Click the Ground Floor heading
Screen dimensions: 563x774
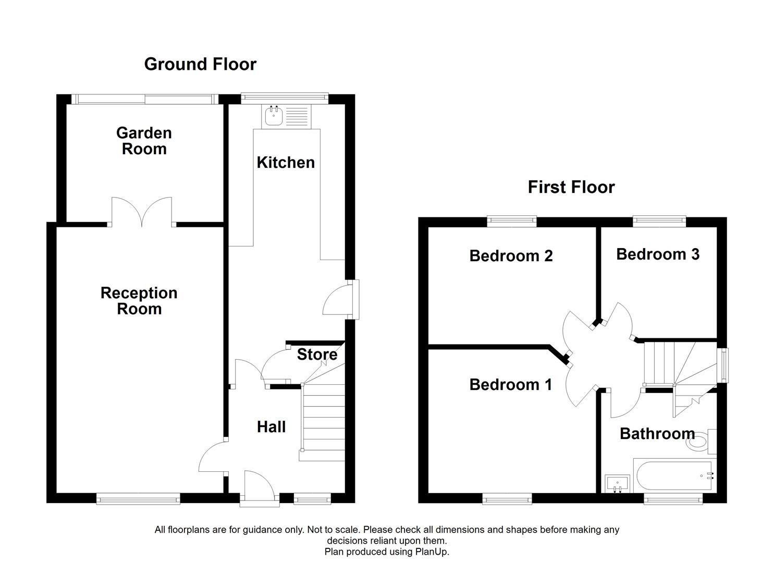pyautogui.click(x=200, y=64)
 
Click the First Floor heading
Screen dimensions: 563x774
pyautogui.click(x=571, y=187)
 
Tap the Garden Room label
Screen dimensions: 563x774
pyautogui.click(x=144, y=141)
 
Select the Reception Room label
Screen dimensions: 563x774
pyautogui.click(x=139, y=301)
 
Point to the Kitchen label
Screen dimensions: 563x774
pyautogui.click(x=286, y=163)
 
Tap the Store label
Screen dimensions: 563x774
pyautogui.click(x=317, y=354)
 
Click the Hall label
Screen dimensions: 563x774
pyautogui.click(x=271, y=427)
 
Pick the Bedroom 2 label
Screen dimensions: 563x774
pyautogui.click(x=511, y=256)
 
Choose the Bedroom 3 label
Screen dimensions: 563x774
pyautogui.click(x=657, y=254)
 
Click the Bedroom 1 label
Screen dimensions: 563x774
pyautogui.click(x=510, y=385)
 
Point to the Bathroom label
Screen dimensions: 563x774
pyautogui.click(x=657, y=434)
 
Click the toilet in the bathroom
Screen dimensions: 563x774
pyautogui.click(x=701, y=442)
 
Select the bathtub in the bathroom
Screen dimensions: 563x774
pyautogui.click(x=672, y=475)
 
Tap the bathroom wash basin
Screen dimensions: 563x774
pyautogui.click(x=617, y=483)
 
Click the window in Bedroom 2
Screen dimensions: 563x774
pyautogui.click(x=512, y=222)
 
